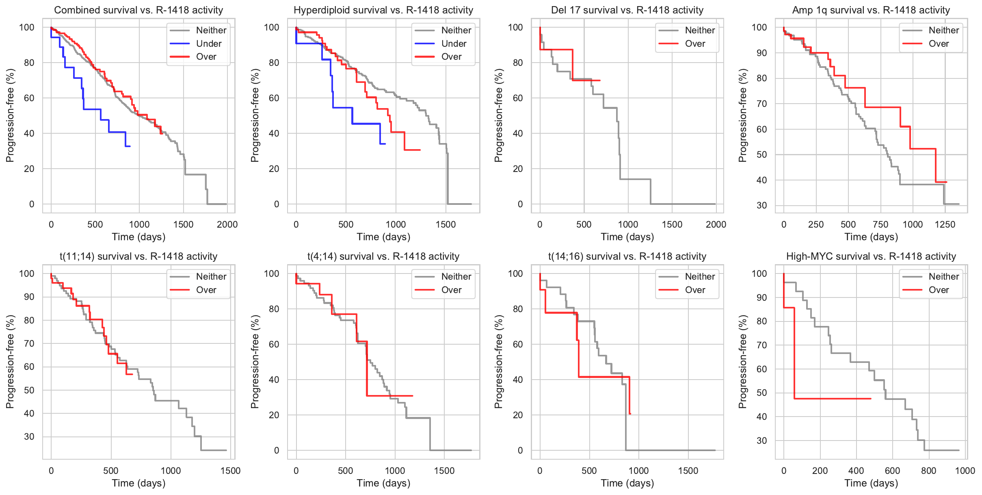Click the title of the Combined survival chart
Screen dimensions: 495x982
point(138,10)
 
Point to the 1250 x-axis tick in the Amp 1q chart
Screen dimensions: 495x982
point(945,225)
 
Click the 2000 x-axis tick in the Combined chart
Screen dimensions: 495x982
point(227,225)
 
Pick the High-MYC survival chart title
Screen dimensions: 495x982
point(871,256)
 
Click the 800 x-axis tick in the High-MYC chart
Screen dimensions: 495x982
point(929,471)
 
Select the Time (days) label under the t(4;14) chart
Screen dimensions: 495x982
point(383,483)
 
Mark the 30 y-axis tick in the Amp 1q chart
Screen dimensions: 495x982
point(762,206)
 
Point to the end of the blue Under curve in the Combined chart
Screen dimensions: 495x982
point(130,146)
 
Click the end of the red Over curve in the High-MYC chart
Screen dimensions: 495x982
point(871,399)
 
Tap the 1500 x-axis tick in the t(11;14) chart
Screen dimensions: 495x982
point(230,471)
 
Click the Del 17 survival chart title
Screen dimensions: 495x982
point(627,10)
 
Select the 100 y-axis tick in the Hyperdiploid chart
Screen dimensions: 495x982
point(272,28)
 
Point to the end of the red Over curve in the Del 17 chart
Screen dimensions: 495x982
point(600,80)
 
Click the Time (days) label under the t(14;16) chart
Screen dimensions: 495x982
point(627,483)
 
